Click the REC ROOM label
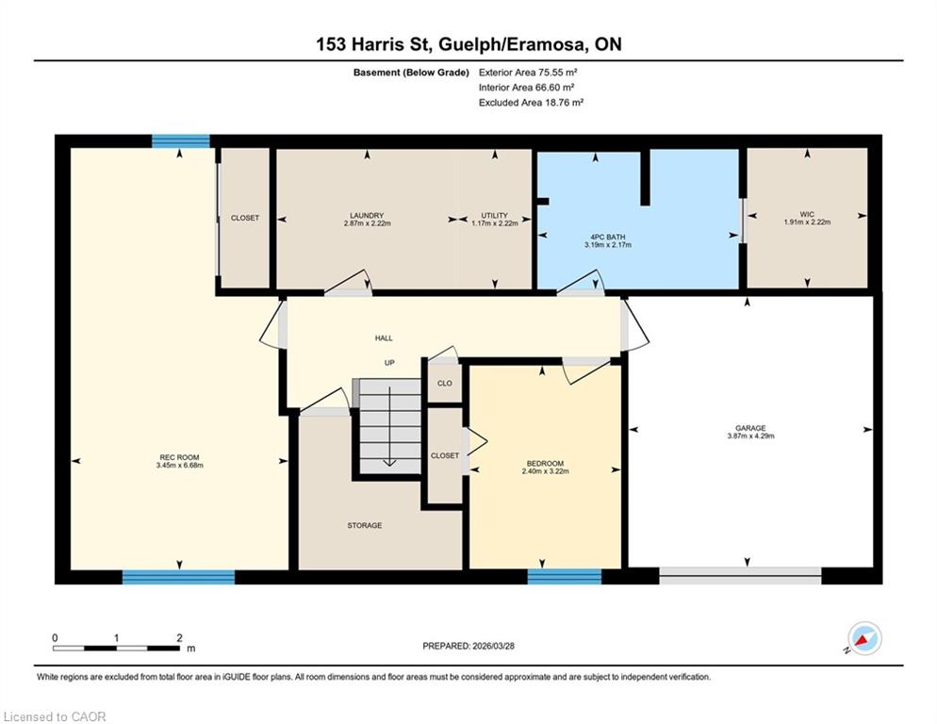[179, 457]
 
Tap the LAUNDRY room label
[367, 215]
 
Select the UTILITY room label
[494, 215]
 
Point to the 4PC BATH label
[608, 237]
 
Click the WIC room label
[807, 214]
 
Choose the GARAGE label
[750, 428]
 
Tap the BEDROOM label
[545, 463]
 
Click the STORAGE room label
[365, 525]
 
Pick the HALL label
[384, 337]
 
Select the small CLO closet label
[445, 384]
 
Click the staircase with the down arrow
[389, 426]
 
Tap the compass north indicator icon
[864, 638]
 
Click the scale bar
[116, 648]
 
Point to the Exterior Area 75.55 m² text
[528, 73]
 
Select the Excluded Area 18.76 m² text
[531, 102]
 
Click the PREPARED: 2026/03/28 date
[468, 646]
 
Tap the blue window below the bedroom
[564, 576]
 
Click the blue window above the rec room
[180, 141]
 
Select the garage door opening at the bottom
[740, 575]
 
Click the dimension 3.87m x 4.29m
[750, 436]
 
